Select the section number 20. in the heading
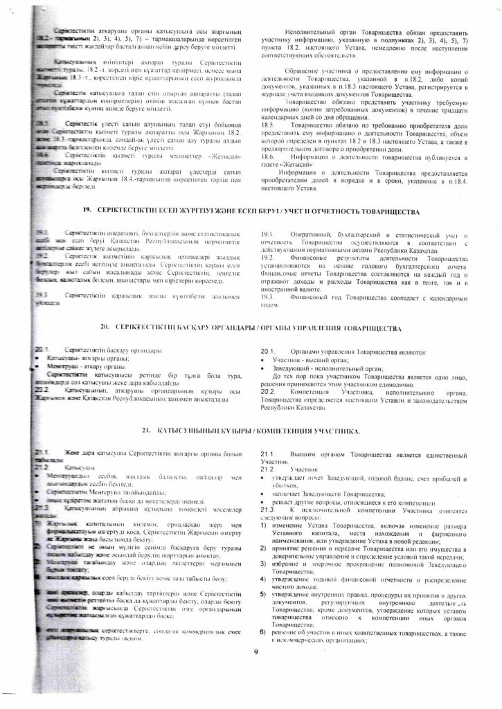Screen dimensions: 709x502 [x=106, y=326]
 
